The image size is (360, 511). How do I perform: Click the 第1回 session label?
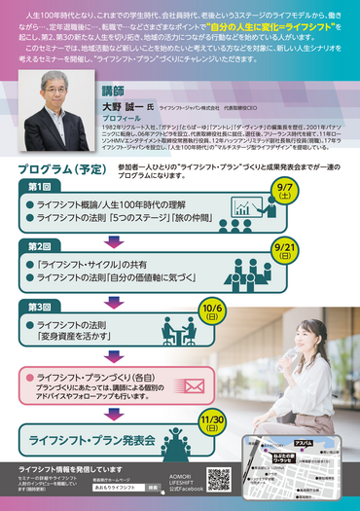[40, 186]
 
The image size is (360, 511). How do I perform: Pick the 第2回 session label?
[40, 246]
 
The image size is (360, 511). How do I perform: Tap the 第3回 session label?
[40, 308]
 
